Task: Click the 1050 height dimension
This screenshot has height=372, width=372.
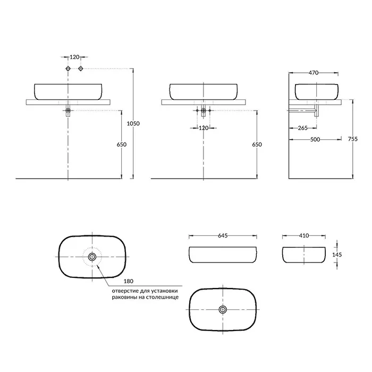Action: (x=133, y=123)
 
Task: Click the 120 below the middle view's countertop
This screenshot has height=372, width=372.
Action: (x=204, y=128)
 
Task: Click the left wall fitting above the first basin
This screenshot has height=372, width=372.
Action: (x=68, y=69)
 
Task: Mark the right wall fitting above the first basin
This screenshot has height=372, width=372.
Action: (x=81, y=69)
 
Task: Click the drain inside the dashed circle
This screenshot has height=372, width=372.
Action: (x=92, y=257)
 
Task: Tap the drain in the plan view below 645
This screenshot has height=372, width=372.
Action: (x=222, y=309)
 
